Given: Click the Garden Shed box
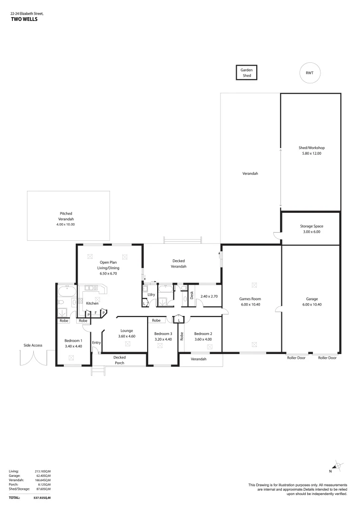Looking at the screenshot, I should tap(246, 72).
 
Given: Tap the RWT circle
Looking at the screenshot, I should tap(310, 73).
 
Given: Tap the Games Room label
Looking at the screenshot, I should tap(250, 299).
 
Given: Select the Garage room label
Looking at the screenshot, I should tap(312, 299).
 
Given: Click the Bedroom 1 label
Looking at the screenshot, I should tap(73, 340).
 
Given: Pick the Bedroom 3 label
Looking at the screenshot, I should tap(163, 334).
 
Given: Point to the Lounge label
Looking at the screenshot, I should tap(127, 330).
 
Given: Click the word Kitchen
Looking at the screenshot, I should tap(92, 303).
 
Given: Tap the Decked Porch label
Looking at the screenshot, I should tap(119, 360).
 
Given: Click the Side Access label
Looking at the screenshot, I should tap(34, 345).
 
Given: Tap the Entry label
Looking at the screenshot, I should tap(96, 342).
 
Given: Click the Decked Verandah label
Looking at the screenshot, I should tap(179, 264).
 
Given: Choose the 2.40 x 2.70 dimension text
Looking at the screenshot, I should tap(209, 296).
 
